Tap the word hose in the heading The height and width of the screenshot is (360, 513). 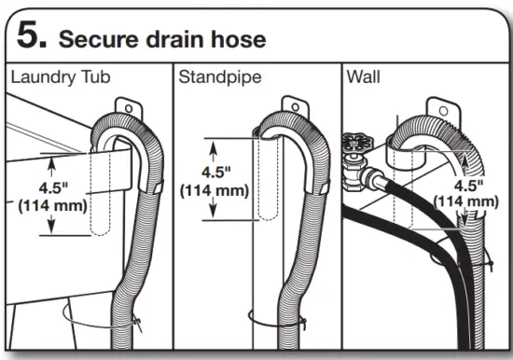coord(242,39)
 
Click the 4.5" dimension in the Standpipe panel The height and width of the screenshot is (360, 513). coord(214,173)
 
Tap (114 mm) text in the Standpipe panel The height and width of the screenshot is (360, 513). coord(214,190)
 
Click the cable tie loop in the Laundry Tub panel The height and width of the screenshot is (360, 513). coord(98,316)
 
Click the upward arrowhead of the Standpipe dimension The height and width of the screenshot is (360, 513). coord(214,143)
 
